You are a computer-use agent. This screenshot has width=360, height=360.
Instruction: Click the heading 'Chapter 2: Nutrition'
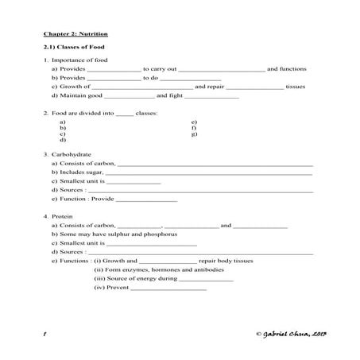75,34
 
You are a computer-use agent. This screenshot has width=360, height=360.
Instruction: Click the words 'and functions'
286,69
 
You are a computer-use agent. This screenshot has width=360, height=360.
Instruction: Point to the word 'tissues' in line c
295,87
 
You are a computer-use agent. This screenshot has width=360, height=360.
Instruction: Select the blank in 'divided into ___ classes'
125,114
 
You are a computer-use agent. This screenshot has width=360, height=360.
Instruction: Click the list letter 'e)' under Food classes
194,122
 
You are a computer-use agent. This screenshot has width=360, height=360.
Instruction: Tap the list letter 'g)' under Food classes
194,134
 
